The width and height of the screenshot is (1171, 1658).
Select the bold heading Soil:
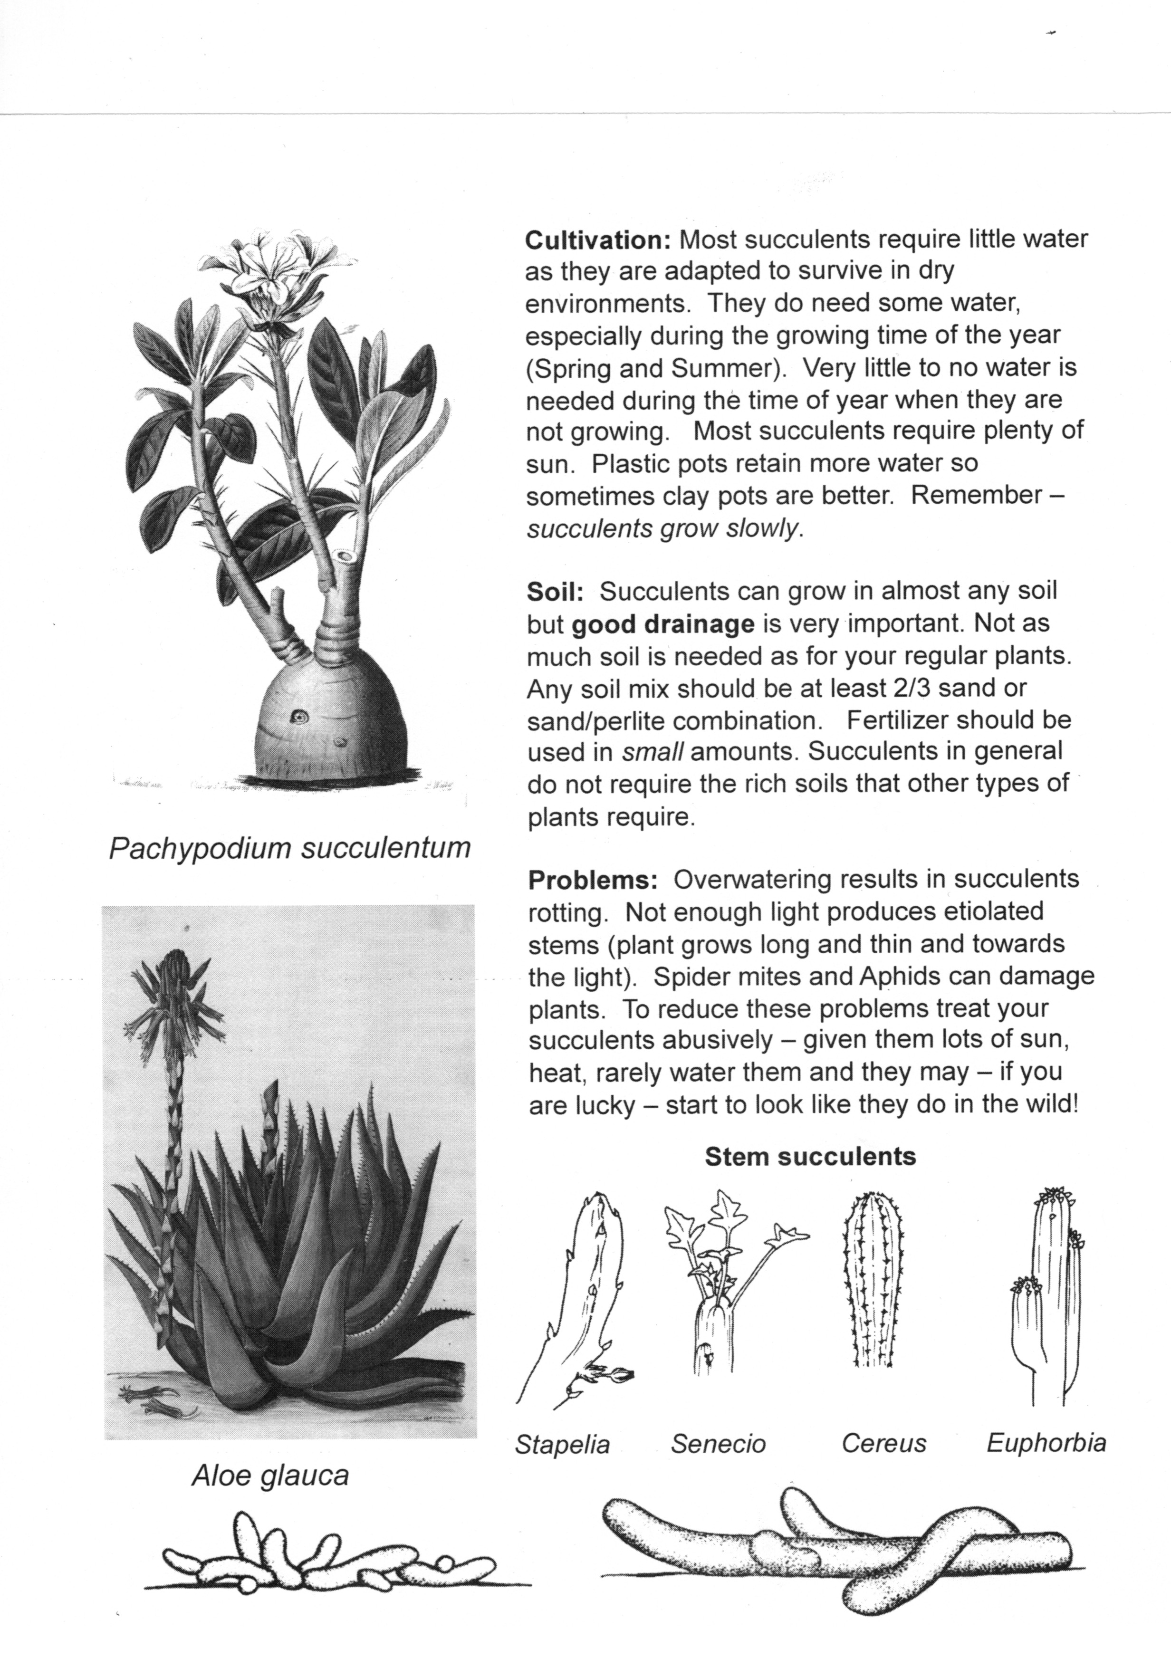pos(555,592)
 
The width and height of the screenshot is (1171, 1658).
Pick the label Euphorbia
pos(1046,1443)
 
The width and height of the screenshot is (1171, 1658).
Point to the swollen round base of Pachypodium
pos(329,715)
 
